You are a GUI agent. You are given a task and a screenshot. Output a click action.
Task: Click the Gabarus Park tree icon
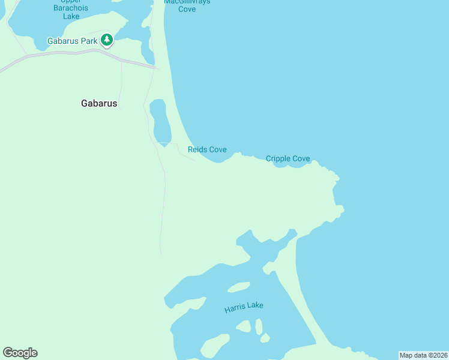click(107, 40)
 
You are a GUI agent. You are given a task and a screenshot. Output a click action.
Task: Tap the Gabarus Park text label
click(72, 41)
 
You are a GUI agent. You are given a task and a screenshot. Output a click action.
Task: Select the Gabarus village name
click(99, 103)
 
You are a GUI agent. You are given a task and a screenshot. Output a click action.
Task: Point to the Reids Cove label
click(207, 149)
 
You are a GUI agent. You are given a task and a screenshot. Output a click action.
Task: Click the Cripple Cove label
click(288, 159)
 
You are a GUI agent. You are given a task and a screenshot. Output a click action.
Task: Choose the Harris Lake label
click(244, 308)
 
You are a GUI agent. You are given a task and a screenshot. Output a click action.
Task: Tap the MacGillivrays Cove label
click(187, 5)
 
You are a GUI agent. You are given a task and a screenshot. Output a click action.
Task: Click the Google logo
click(20, 353)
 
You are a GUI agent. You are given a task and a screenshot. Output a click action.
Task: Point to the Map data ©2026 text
click(423, 355)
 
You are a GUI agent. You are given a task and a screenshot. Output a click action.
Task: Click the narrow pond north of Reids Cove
click(160, 120)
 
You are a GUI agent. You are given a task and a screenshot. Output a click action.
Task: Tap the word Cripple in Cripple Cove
click(278, 159)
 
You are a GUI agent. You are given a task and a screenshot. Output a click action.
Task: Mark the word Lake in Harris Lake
click(255, 306)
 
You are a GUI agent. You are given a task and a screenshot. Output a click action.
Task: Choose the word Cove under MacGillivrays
click(187, 9)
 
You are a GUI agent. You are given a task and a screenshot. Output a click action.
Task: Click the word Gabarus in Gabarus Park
click(62, 41)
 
